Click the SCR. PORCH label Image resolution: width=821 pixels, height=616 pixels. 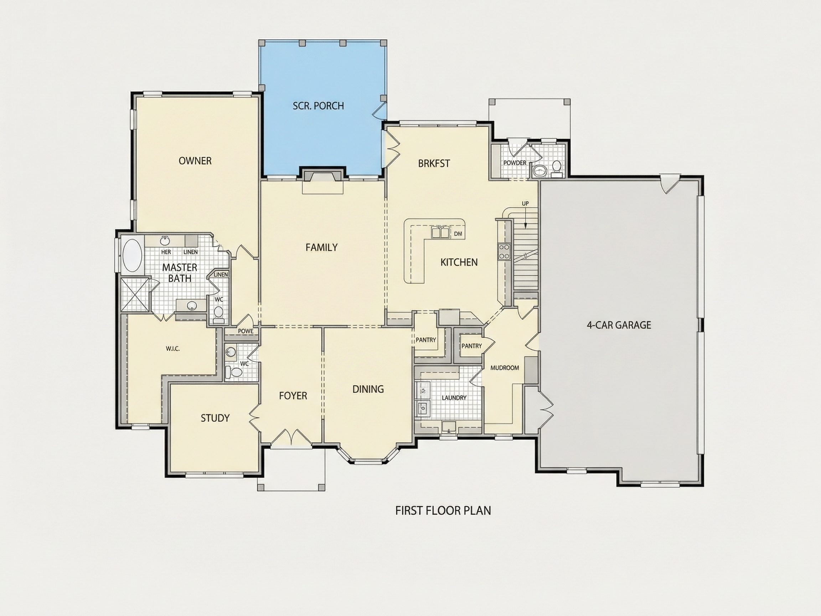[318, 106]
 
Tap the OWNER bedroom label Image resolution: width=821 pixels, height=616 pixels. [195, 161]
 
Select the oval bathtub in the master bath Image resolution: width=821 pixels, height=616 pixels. [132, 255]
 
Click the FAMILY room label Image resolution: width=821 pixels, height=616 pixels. [321, 247]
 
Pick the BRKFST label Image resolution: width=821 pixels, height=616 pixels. [434, 163]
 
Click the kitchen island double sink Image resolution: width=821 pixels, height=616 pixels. [440, 232]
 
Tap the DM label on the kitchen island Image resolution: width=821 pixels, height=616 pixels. [458, 234]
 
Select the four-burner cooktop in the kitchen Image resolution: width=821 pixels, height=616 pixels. [504, 251]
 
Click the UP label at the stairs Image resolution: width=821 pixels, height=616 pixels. [525, 204]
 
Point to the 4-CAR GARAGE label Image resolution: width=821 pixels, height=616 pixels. [619, 325]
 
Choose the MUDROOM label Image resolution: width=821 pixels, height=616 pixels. [505, 368]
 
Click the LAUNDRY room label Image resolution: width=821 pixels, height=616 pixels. [454, 398]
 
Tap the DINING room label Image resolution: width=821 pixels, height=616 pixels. [368, 389]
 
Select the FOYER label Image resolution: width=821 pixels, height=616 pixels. [293, 396]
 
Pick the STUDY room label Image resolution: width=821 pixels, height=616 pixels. [215, 418]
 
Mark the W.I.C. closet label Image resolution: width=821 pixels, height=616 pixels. [172, 349]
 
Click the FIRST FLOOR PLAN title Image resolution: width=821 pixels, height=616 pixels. [443, 510]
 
